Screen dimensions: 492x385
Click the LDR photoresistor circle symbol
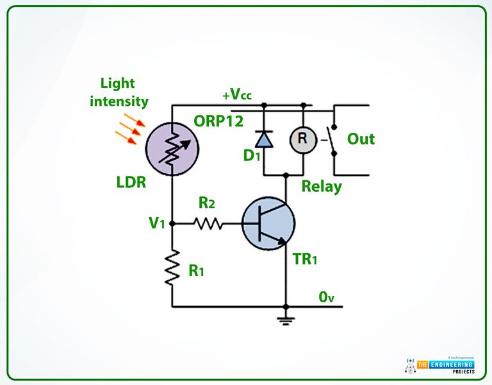point(172,149)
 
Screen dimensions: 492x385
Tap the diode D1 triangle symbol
point(263,139)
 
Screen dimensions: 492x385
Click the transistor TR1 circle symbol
point(268,224)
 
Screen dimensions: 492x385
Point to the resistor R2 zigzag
point(208,224)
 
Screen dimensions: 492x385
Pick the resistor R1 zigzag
point(172,268)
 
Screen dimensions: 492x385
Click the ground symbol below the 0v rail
point(286,320)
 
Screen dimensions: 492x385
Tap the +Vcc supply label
point(237,94)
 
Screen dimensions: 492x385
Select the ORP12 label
point(218,121)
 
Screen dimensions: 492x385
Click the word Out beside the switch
point(361,139)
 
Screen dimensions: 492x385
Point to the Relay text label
point(322,186)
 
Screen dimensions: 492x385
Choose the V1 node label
point(156,223)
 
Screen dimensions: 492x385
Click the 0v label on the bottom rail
point(326,297)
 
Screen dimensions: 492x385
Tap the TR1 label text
point(305,259)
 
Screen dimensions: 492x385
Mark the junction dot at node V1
point(172,224)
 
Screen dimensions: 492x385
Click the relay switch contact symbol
point(332,140)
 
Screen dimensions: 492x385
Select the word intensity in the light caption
point(119,101)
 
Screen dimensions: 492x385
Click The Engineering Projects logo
point(439,366)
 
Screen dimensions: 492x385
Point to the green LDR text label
point(131,182)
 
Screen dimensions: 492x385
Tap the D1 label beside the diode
point(252,155)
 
